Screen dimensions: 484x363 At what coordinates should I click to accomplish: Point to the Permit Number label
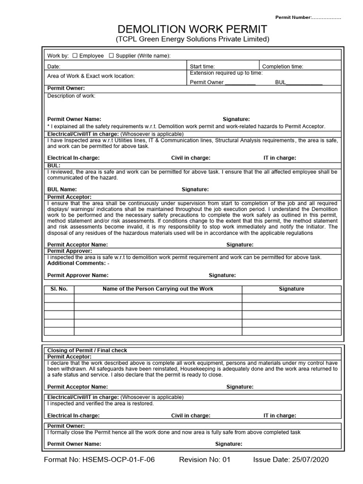(308, 17)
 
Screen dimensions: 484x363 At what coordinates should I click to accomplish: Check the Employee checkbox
(75, 56)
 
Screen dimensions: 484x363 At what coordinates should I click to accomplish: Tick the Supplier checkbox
(112, 56)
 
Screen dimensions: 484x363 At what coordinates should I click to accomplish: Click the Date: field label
(54, 67)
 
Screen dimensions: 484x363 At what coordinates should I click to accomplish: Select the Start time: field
(202, 67)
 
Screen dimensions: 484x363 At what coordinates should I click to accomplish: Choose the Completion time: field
(283, 67)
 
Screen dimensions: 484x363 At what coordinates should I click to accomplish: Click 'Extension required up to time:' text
(226, 73)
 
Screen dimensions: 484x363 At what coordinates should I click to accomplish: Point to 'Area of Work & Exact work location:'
(91, 76)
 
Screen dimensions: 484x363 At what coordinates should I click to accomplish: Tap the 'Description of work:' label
(71, 96)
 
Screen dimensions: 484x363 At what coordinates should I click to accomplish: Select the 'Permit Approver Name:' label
(78, 275)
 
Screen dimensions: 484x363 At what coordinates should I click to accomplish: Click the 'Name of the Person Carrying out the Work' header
(158, 289)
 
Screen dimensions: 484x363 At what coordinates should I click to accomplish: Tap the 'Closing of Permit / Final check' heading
(87, 350)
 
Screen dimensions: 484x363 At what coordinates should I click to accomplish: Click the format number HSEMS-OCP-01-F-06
(99, 459)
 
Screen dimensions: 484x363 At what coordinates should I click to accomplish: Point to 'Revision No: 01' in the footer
(204, 459)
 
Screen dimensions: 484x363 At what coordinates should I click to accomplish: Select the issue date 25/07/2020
(291, 459)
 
